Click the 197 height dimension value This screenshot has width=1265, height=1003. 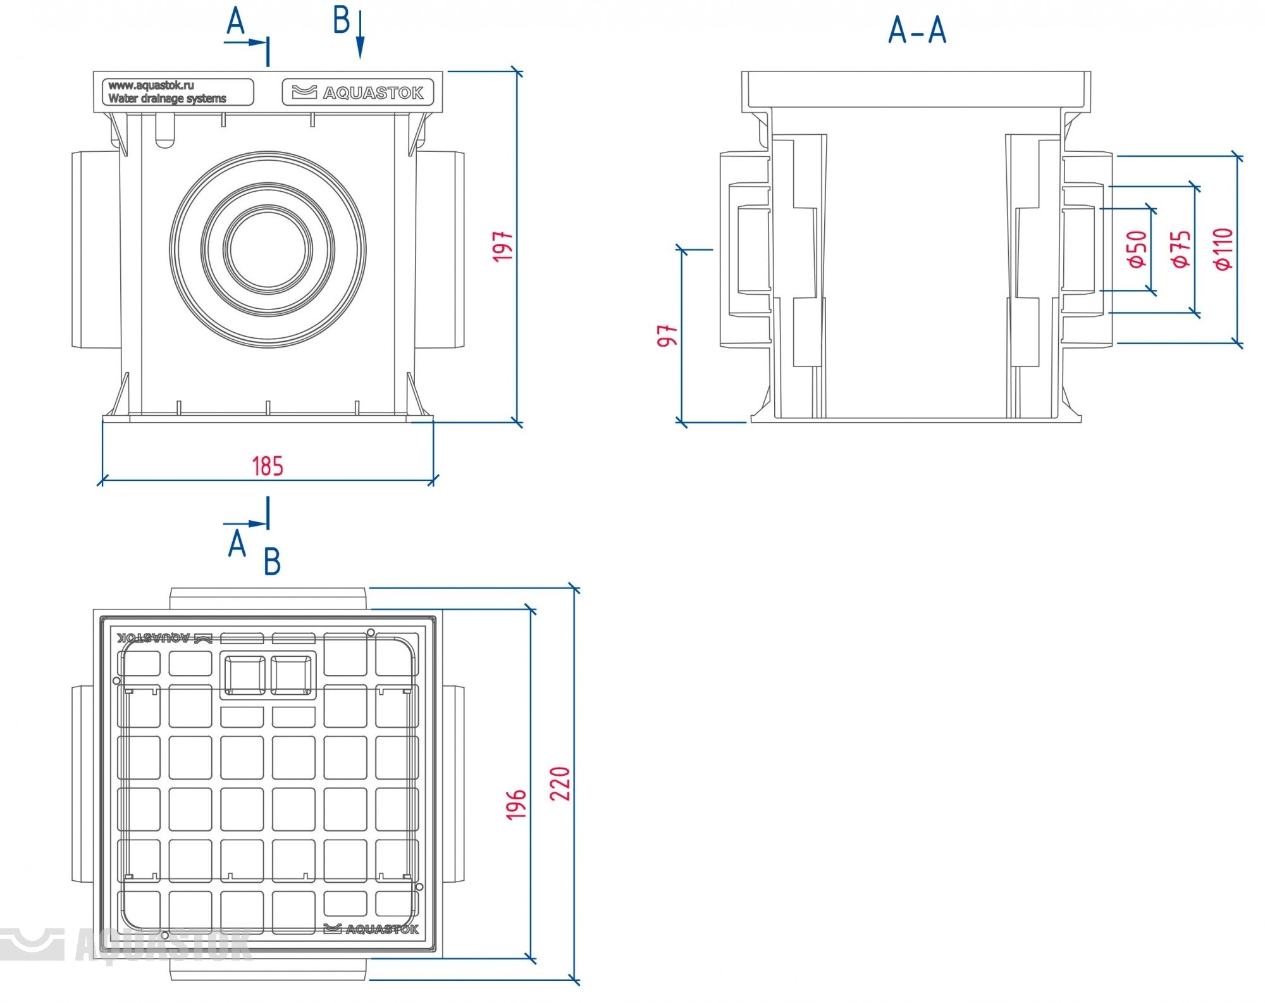pos(503,246)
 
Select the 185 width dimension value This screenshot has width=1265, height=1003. pos(268,466)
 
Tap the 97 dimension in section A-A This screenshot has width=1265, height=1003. pos(668,335)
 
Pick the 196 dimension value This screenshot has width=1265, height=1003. pos(516,804)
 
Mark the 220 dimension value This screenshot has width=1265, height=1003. pos(560,783)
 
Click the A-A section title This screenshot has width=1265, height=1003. pos(917,30)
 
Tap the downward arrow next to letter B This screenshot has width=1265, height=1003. pos(360,35)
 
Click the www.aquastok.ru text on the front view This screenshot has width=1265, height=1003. pos(151,85)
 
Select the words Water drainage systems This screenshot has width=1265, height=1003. pos(167,99)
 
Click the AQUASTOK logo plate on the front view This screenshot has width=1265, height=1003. pos(358,92)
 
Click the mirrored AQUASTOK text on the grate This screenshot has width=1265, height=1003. pos(154,638)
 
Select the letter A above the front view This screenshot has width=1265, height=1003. pos(235,21)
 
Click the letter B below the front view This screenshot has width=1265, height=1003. pos(272,561)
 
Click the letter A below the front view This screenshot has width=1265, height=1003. pos(237,544)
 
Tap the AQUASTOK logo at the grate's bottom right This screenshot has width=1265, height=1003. pos(371,929)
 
